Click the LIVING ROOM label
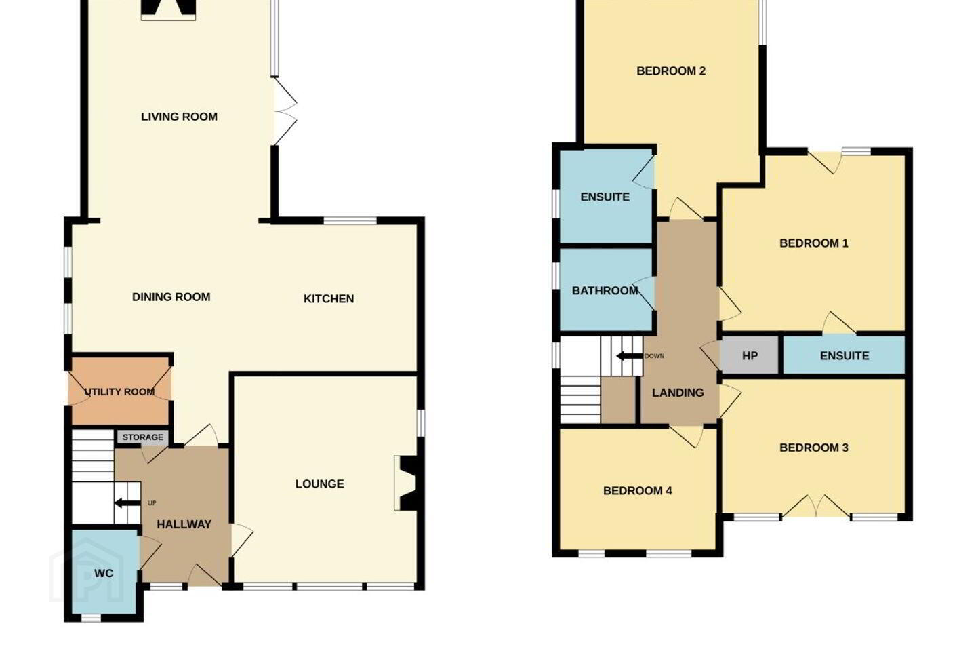[x=179, y=117]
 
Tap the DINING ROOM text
[x=171, y=297]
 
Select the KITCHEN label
[x=329, y=298]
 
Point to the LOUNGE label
[x=319, y=484]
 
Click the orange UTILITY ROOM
[x=120, y=390]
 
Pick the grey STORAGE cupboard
[x=142, y=437]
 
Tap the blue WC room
[x=104, y=572]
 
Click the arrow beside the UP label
[x=127, y=503]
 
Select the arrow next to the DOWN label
[x=630, y=356]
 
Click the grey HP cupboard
[x=750, y=355]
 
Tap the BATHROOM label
[x=605, y=290]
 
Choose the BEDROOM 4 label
[x=637, y=491]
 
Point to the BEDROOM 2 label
[x=671, y=71]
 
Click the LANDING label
[x=678, y=393]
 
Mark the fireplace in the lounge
[x=409, y=483]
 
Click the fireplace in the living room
[x=168, y=9]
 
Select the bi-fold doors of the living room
[x=285, y=111]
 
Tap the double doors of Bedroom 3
[x=815, y=507]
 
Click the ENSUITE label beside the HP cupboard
[x=845, y=356]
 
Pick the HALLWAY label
[x=184, y=524]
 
